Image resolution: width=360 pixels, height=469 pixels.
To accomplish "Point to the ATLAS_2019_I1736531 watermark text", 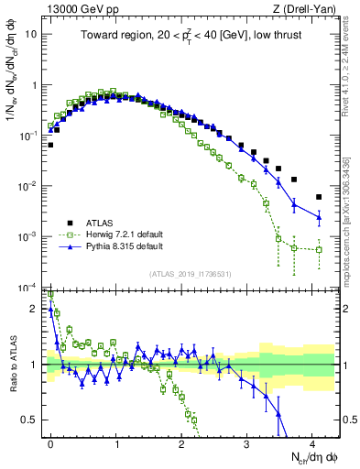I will pos(191,274).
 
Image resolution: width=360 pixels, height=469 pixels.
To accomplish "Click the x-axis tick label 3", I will pos(247,442).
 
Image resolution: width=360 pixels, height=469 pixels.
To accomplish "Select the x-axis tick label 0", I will pos(51,442).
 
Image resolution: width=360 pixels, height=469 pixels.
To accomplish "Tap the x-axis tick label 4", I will pos(312,442).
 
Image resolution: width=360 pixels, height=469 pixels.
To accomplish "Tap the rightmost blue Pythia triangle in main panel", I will pos(319,217).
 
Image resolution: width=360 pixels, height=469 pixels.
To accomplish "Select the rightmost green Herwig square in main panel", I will pos(319,249).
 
